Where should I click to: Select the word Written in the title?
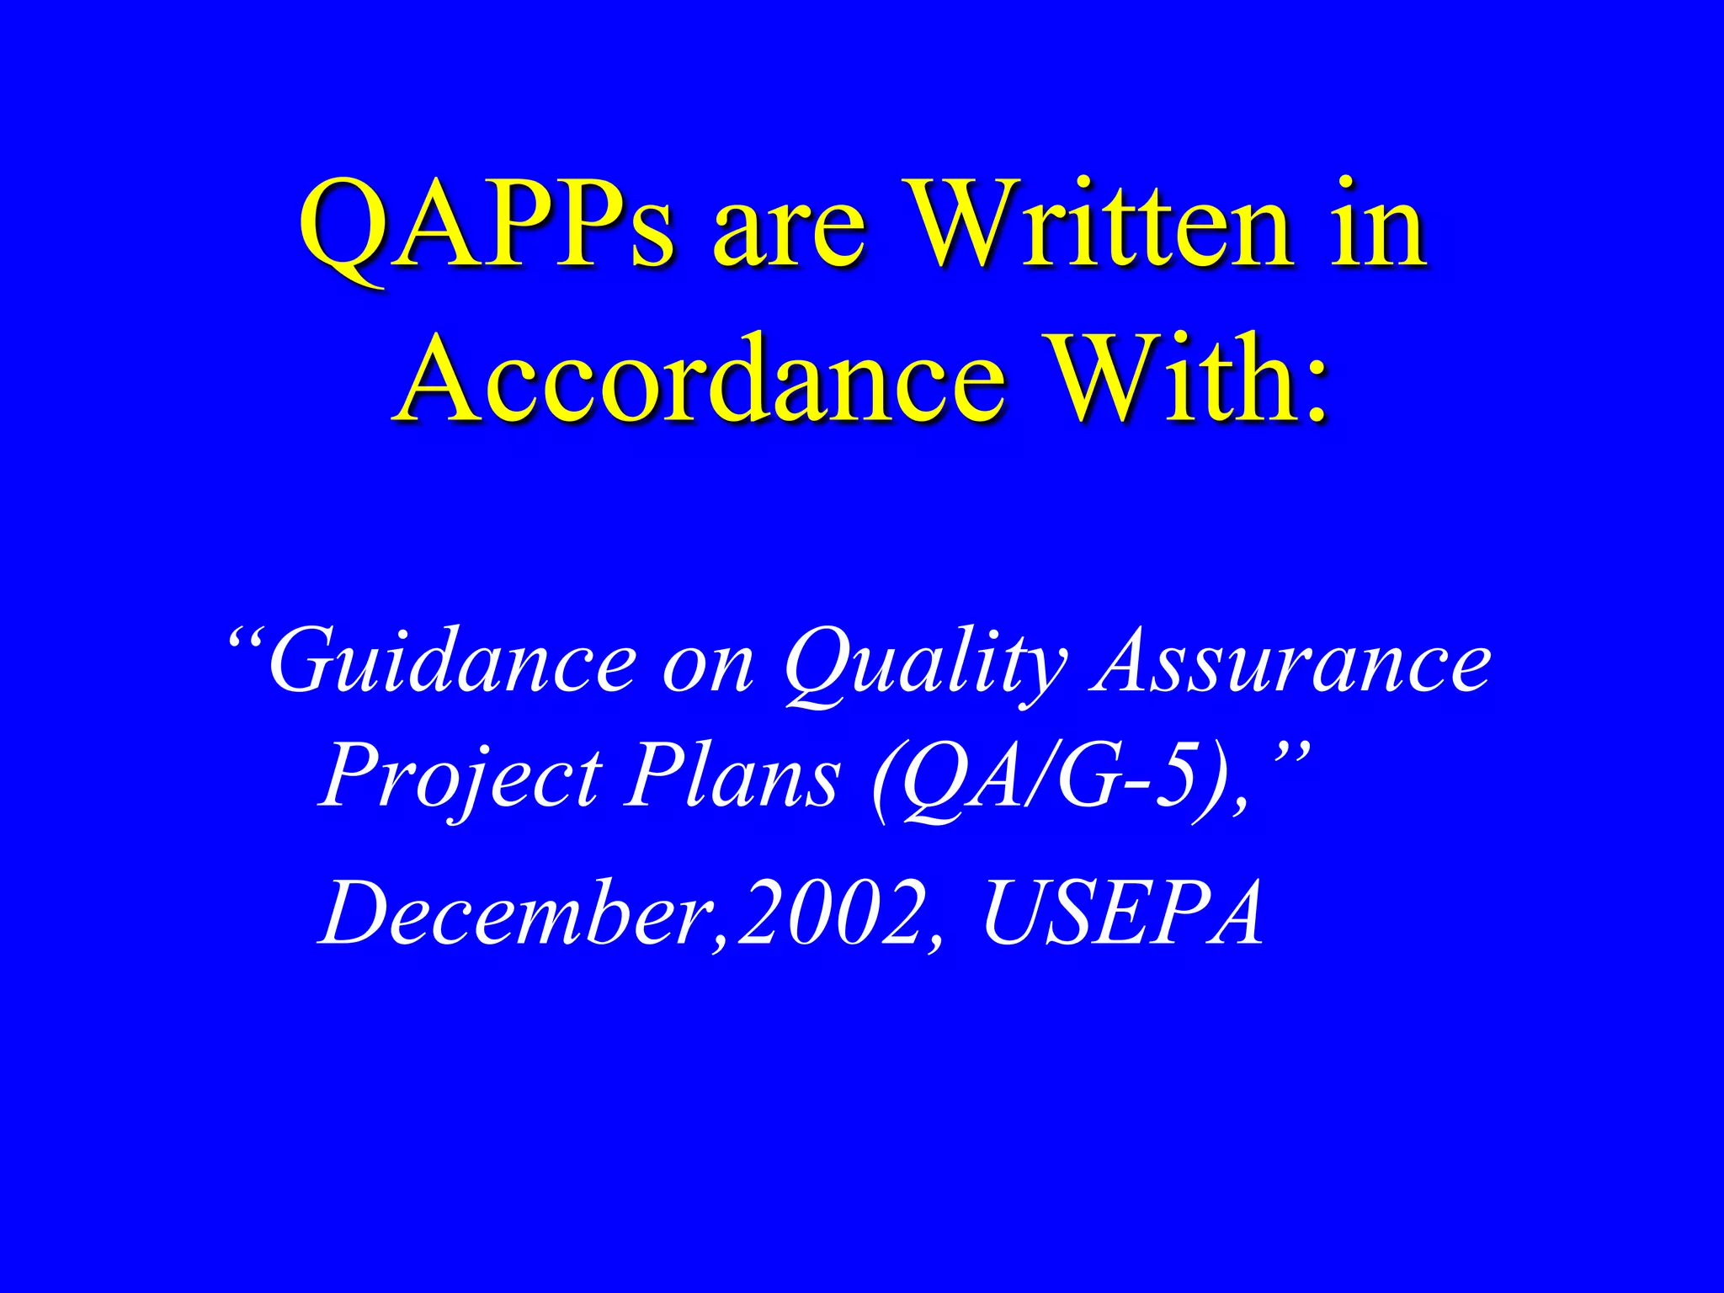pos(1102,226)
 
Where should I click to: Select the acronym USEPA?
pos(1123,913)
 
